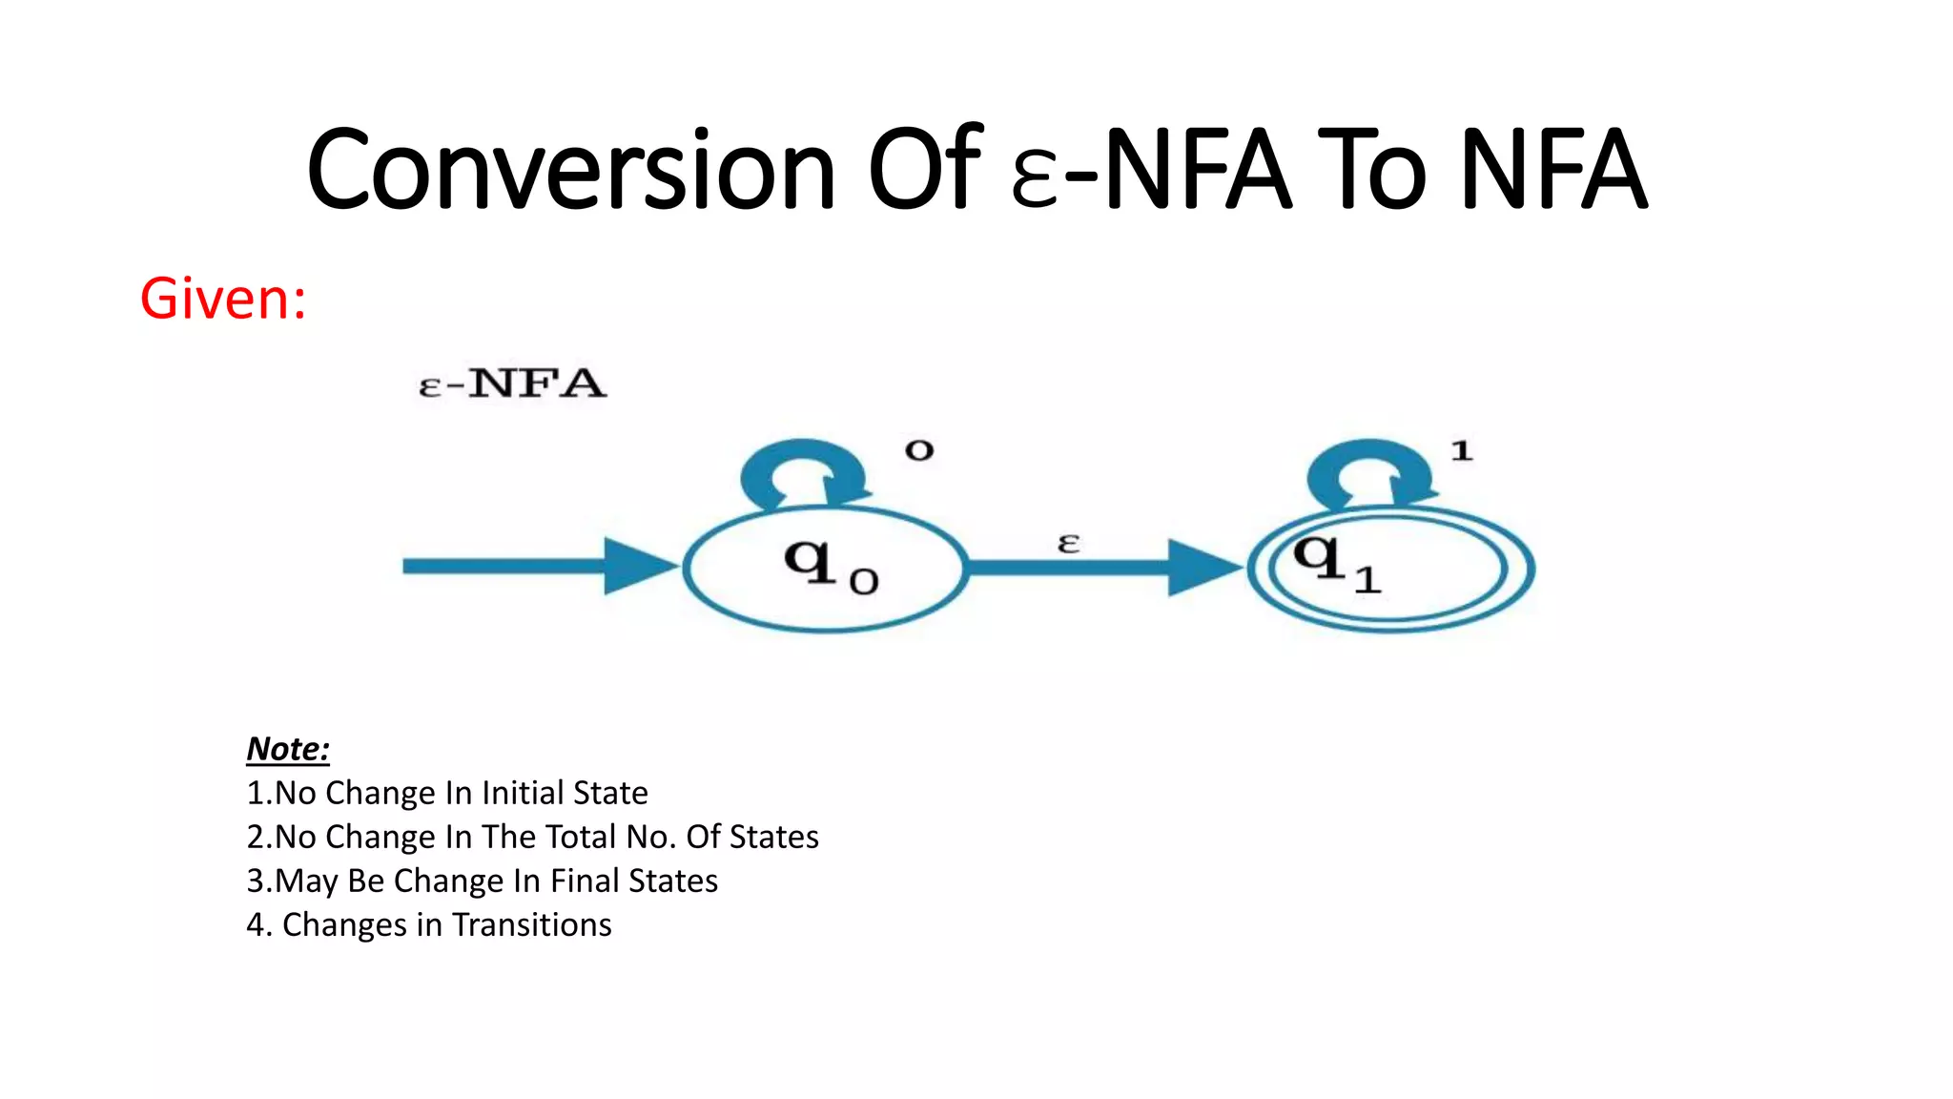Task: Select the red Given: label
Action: pos(223,299)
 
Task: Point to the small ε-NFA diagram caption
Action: pos(512,384)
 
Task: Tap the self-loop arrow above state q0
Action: pos(805,472)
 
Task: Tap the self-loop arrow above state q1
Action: pos(1370,472)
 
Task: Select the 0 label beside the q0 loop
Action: pos(919,450)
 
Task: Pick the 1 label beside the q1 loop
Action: pos(1462,450)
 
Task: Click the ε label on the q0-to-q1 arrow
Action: pos(1069,544)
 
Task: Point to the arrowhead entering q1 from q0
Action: pos(1203,568)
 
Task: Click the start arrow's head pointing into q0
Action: pos(639,566)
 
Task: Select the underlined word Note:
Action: pos(288,749)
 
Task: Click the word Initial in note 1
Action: pos(523,793)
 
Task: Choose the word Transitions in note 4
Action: pos(532,924)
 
